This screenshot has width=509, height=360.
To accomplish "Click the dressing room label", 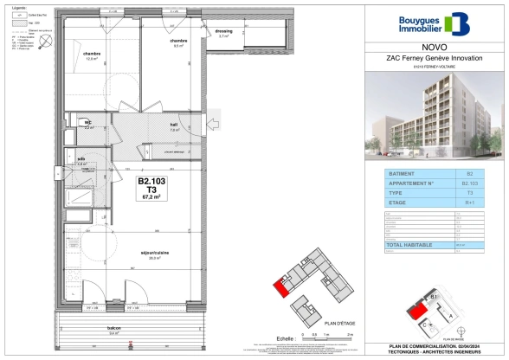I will coord(224,33).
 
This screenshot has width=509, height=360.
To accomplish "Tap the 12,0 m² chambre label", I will coord(93,56).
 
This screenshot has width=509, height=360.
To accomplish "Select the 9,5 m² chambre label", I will coord(178,43).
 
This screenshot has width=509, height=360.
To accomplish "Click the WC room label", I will coord(88,124).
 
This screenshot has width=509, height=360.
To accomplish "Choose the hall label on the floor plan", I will coord(174,126).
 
